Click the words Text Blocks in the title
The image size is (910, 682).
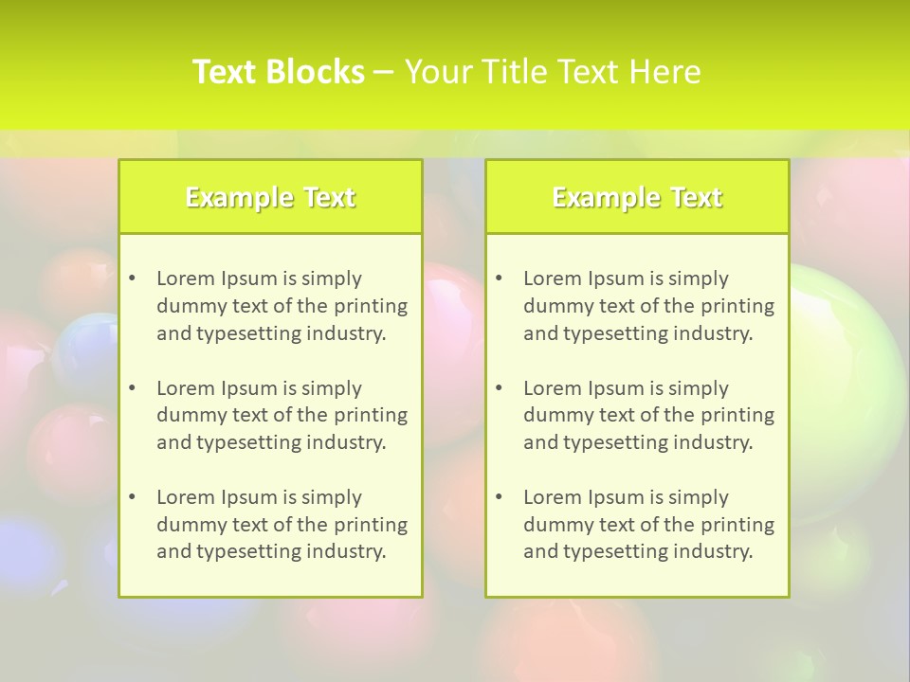pos(279,72)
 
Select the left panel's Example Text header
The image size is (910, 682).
pos(270,197)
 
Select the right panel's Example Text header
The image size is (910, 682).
pos(637,197)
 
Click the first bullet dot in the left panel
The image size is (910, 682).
pos(133,278)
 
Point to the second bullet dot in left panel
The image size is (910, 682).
pos(133,388)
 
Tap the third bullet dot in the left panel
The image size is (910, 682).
pos(133,497)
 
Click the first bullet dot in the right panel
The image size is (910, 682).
pos(500,278)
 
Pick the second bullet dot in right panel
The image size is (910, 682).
pos(500,388)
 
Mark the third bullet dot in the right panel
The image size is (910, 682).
pos(500,497)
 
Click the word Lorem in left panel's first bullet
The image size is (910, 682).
pos(186,278)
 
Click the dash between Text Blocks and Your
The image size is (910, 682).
pos(384,73)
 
